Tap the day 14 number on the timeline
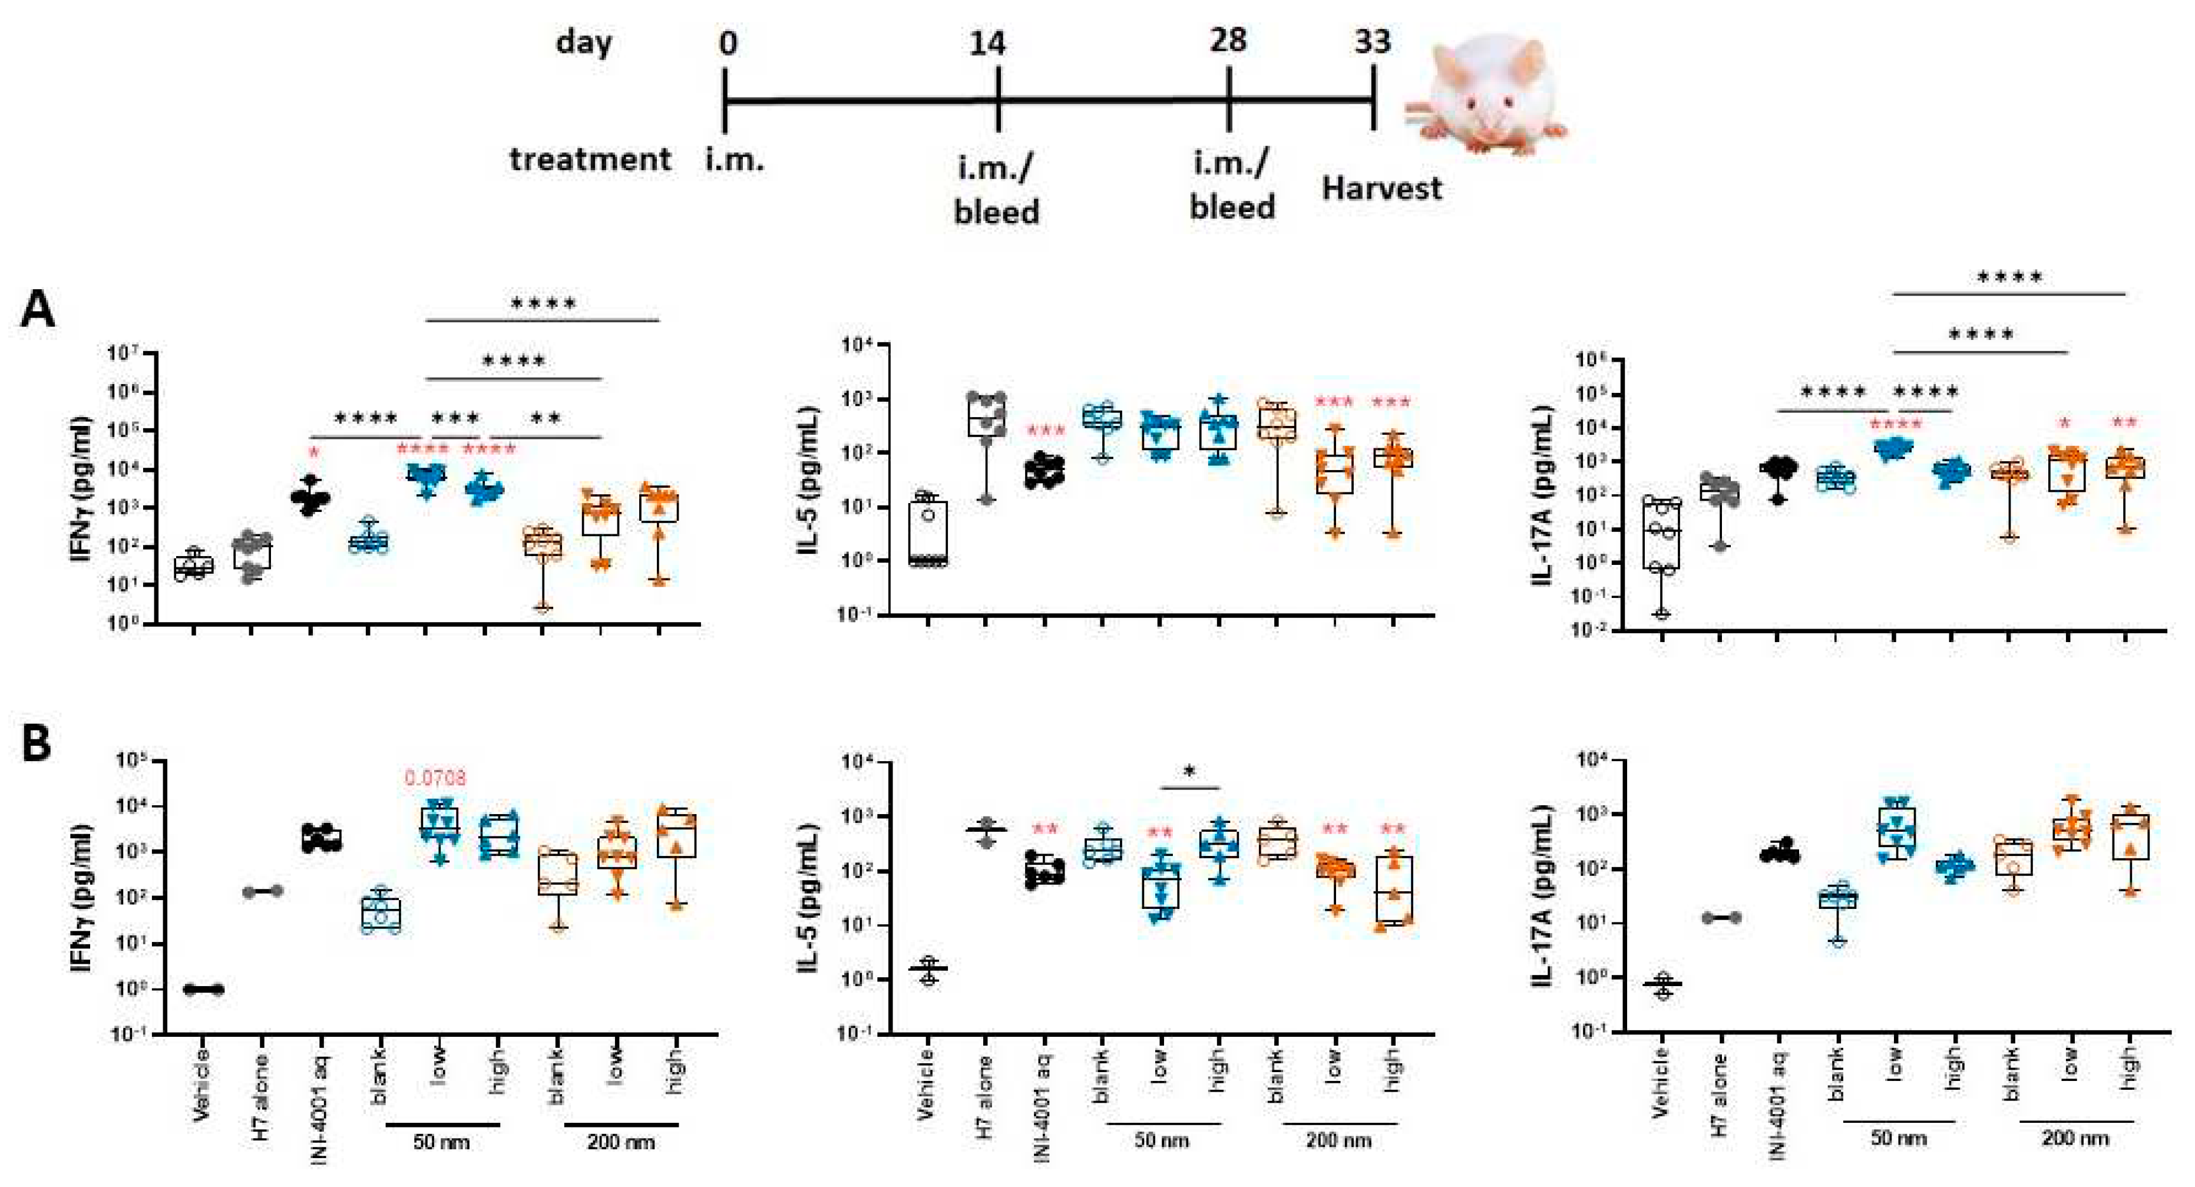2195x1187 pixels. pos(987,42)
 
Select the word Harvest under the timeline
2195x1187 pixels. pos(1381,189)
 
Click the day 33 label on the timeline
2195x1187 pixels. pos(1372,41)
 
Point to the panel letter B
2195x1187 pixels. pos(36,743)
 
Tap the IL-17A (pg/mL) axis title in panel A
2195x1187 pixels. pos(1542,494)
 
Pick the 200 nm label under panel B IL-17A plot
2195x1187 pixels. pos(2075,1139)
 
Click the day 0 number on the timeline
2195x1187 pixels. pos(727,42)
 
